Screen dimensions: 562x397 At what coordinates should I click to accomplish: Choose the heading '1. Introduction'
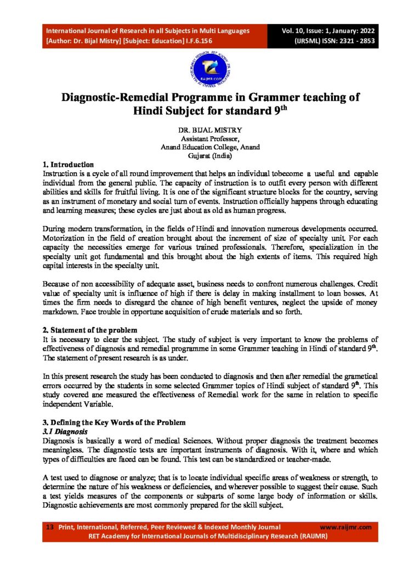69,164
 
